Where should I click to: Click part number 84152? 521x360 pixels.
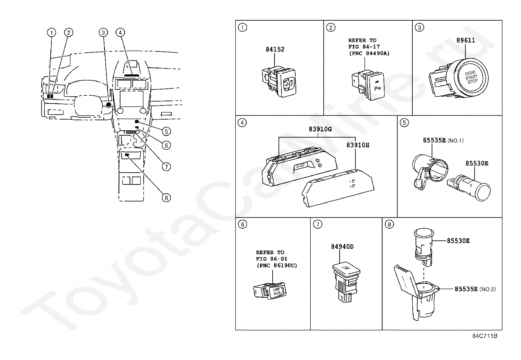(x=275, y=49)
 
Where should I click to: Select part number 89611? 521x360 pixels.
(x=466, y=40)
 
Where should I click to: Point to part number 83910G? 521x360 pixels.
(x=320, y=129)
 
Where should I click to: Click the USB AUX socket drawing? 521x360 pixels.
(x=270, y=290)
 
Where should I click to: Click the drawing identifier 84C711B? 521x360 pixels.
(x=485, y=336)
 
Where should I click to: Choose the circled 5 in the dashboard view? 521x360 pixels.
(x=166, y=131)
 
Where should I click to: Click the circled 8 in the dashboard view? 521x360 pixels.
(x=166, y=198)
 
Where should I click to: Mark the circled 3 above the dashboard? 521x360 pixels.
(x=103, y=32)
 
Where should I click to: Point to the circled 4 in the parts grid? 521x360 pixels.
(x=242, y=123)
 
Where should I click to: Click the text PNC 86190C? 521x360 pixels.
(x=277, y=265)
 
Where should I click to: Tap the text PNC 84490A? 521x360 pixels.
(x=369, y=53)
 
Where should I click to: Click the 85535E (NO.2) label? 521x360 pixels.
(x=475, y=289)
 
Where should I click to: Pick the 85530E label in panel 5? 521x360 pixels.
(x=477, y=163)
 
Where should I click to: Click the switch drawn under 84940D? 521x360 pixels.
(x=346, y=281)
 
